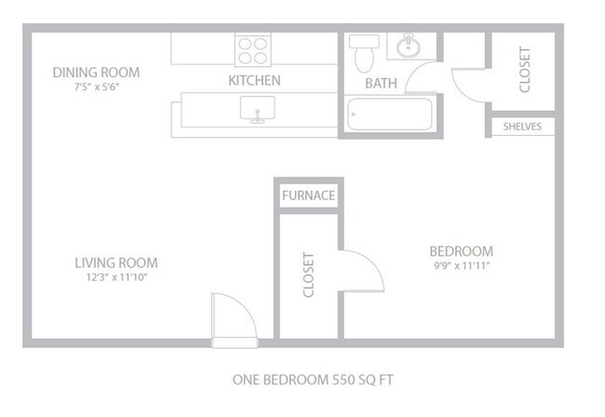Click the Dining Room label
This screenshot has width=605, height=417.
96,73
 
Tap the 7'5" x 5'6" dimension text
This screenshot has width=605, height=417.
96,87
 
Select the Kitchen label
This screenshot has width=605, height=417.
254,81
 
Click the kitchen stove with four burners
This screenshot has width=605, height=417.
253,49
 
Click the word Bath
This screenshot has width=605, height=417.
381,84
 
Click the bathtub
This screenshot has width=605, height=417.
389,114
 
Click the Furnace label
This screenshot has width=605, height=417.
308,196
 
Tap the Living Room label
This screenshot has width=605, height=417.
116,262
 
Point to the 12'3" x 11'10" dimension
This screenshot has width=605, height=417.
116,277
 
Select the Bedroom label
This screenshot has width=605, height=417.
461,251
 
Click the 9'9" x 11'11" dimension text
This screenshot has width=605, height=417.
461,266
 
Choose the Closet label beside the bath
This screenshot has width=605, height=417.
524,70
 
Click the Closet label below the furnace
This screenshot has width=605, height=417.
308,276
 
